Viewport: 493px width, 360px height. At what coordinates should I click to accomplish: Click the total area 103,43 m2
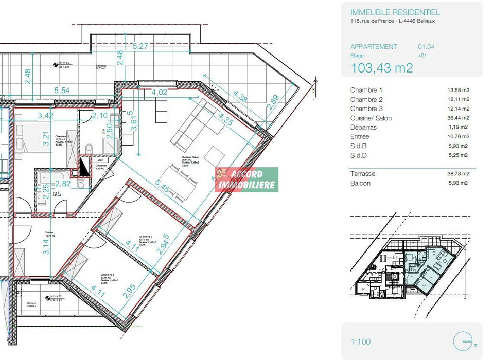[381, 67]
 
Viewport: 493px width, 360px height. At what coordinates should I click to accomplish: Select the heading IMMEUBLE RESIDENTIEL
[395, 12]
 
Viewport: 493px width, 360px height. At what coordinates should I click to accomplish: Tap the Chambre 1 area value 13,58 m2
[458, 90]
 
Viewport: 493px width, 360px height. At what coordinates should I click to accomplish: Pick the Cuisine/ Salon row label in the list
[371, 118]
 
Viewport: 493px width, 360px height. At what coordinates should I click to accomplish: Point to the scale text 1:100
[360, 341]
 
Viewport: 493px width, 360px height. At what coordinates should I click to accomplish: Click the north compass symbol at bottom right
[462, 341]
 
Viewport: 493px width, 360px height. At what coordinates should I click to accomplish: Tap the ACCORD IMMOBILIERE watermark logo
[246, 179]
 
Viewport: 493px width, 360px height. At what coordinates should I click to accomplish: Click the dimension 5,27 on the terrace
[140, 46]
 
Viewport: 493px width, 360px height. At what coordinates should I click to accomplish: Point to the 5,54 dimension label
[62, 91]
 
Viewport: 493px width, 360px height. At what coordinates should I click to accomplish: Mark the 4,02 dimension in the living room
[160, 93]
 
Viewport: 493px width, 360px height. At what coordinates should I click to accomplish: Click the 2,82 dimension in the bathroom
[63, 184]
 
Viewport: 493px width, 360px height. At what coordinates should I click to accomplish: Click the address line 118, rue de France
[397, 21]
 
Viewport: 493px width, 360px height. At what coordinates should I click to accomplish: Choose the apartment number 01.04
[426, 47]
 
